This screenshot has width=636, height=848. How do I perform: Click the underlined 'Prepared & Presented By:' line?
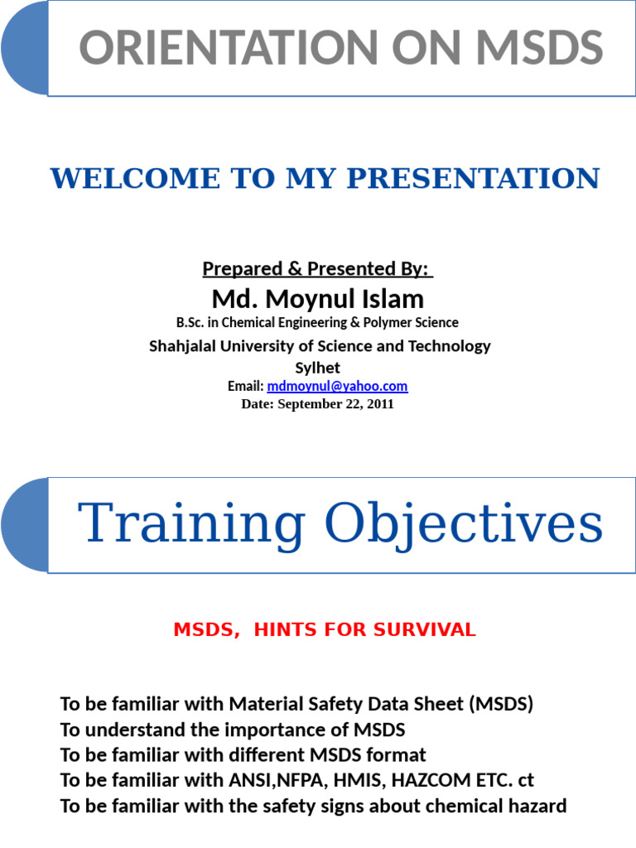(x=317, y=269)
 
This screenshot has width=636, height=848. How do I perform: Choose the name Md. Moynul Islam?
(x=318, y=298)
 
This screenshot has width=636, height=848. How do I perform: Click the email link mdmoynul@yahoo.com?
(x=337, y=387)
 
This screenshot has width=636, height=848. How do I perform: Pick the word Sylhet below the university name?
(x=318, y=367)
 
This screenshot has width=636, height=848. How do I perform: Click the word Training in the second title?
(x=191, y=524)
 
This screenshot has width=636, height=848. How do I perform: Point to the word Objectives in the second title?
(x=463, y=524)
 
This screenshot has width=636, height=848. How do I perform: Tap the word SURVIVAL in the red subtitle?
(x=424, y=630)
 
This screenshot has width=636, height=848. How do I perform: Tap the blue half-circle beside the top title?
(x=25, y=49)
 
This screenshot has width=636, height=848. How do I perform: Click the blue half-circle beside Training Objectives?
(x=25, y=525)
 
